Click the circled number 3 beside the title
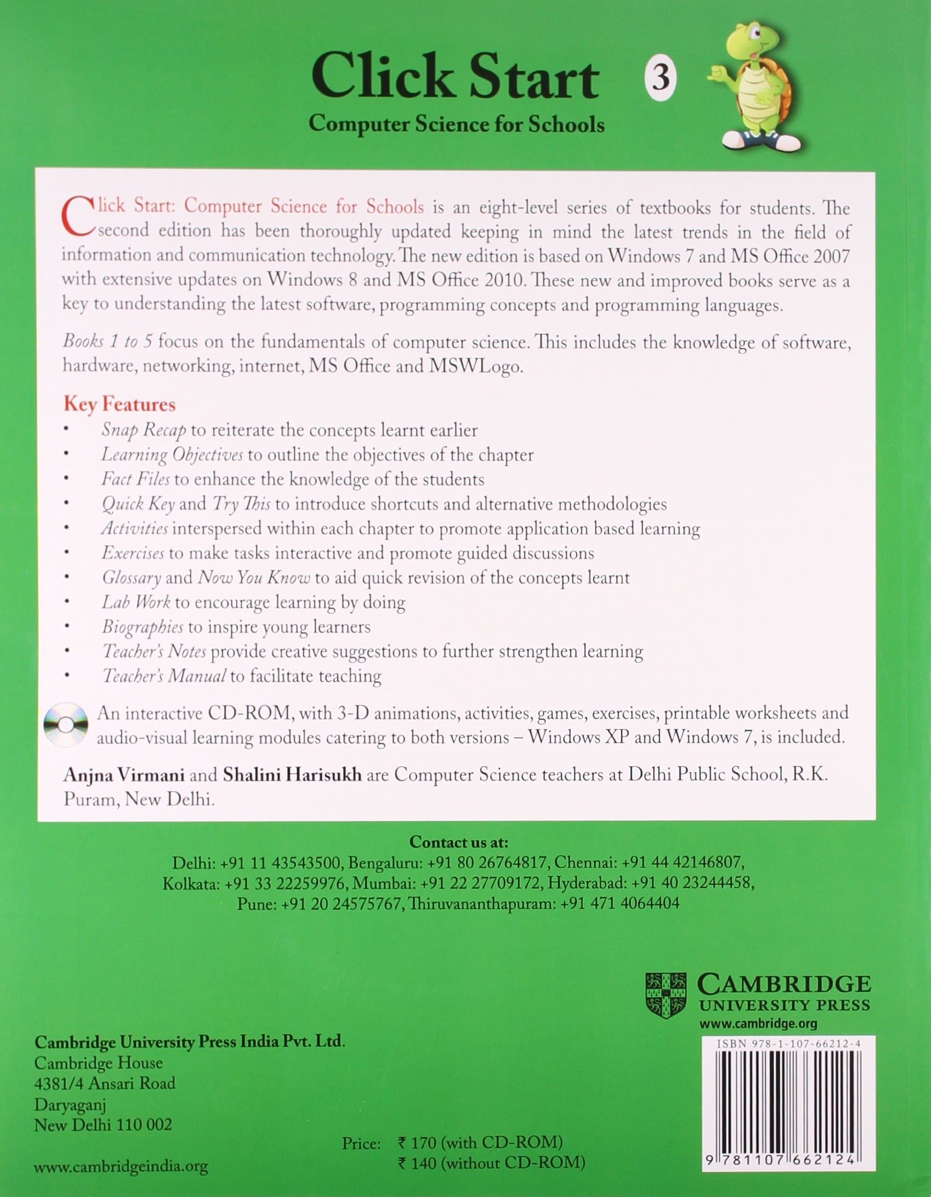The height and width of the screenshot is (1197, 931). (660, 78)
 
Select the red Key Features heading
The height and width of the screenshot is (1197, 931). (119, 404)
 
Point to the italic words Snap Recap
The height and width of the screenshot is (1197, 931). (144, 430)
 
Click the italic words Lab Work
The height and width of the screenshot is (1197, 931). (136, 602)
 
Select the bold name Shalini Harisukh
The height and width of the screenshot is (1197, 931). (292, 774)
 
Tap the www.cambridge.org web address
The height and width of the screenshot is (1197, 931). (758, 1023)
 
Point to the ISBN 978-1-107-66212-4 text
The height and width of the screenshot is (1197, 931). (788, 1044)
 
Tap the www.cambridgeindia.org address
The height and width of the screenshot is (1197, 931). (121, 1167)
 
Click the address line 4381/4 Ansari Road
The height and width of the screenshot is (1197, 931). (105, 1083)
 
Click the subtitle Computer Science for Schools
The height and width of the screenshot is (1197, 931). (456, 124)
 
